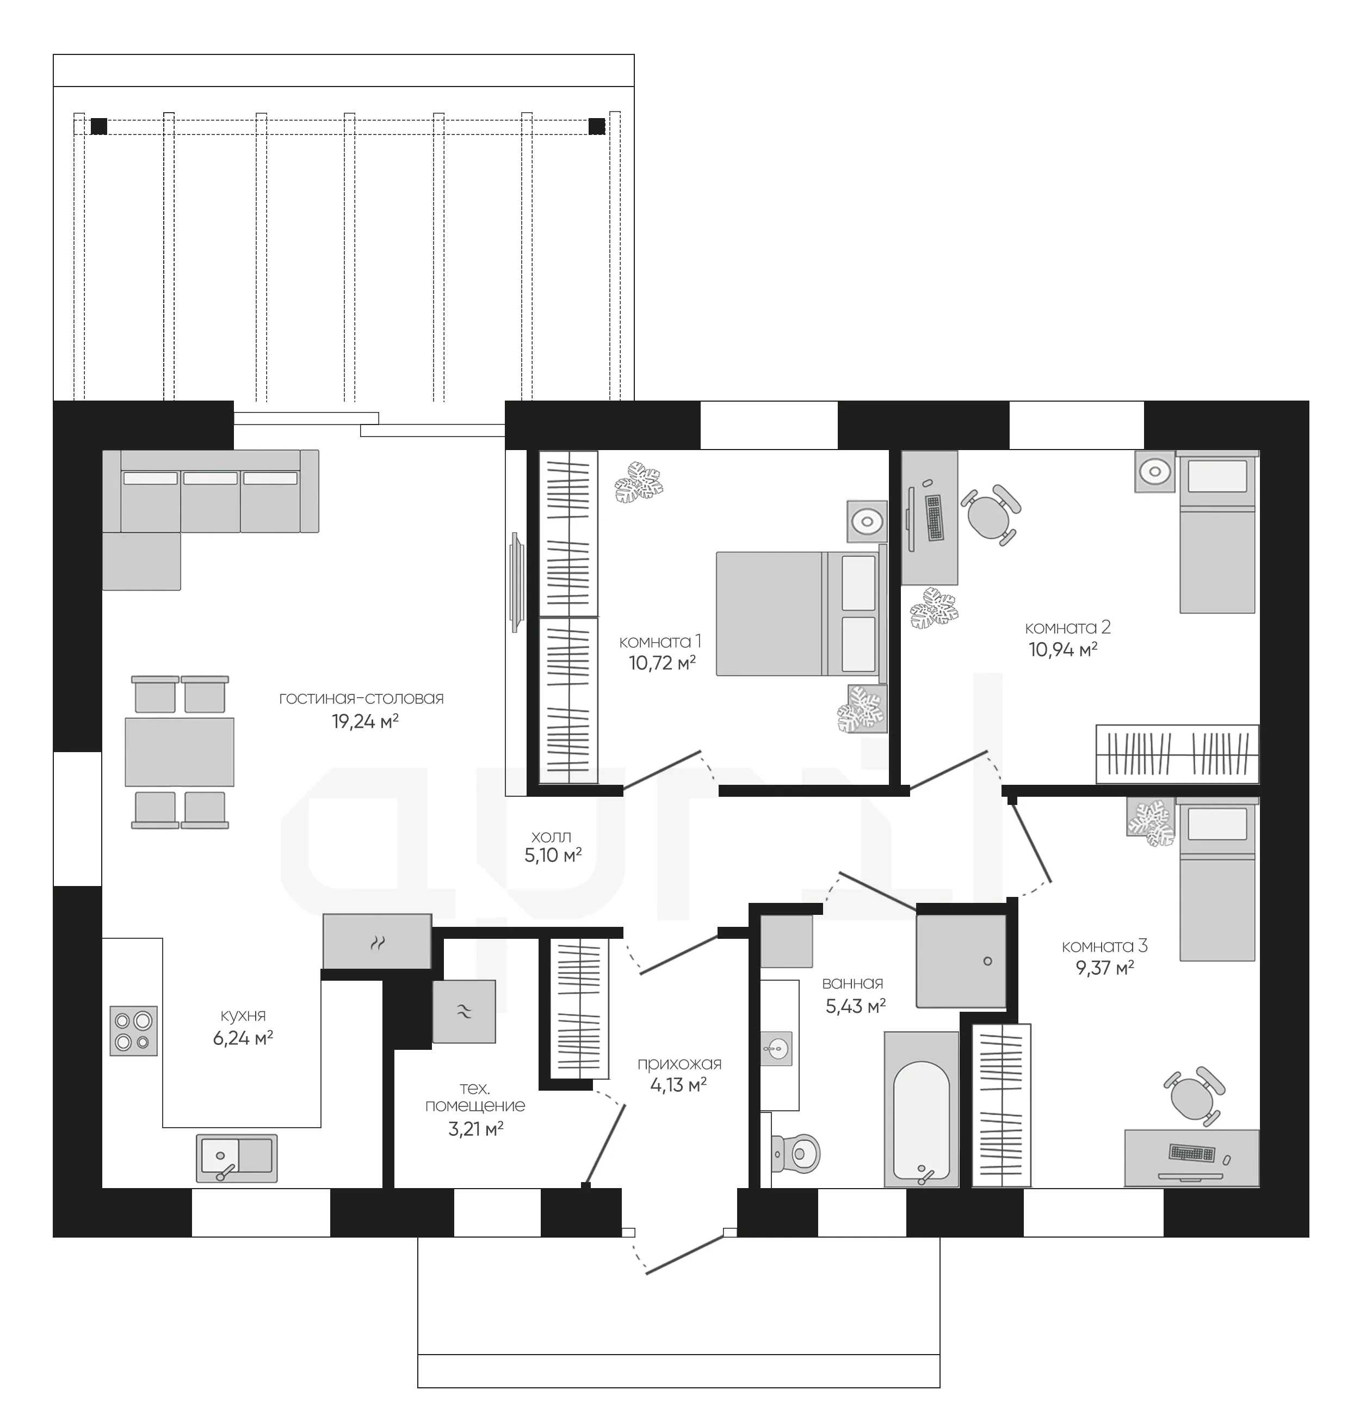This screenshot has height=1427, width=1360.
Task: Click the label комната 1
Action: [660, 641]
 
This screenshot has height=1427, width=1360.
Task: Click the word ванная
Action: [852, 983]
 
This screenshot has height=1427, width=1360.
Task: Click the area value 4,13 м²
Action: [678, 1085]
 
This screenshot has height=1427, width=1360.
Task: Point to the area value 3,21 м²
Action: [475, 1128]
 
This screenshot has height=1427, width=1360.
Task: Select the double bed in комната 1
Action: [802, 613]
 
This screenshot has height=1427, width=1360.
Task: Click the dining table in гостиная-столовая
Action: [179, 752]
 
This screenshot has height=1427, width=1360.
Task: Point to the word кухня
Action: [243, 1015]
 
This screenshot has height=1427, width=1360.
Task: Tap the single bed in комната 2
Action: [1217, 532]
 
